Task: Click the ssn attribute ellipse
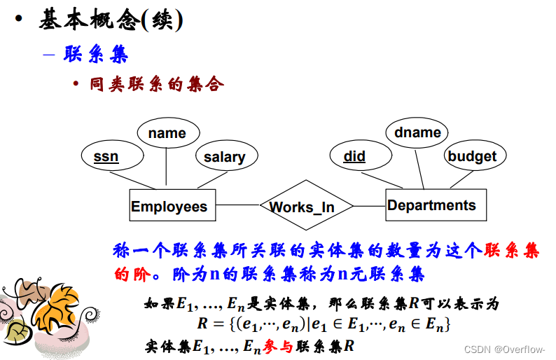[x=106, y=156]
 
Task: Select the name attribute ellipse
[x=167, y=133]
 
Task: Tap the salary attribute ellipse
[x=224, y=156]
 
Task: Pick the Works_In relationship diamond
[x=301, y=207]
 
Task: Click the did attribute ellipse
[x=354, y=156]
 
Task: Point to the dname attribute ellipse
[x=417, y=132]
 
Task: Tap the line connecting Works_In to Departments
[x=369, y=205]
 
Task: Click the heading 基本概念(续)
[x=110, y=21]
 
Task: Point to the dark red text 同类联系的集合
[x=156, y=85]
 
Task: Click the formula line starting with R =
[x=323, y=324]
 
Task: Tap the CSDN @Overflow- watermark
[x=506, y=348]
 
